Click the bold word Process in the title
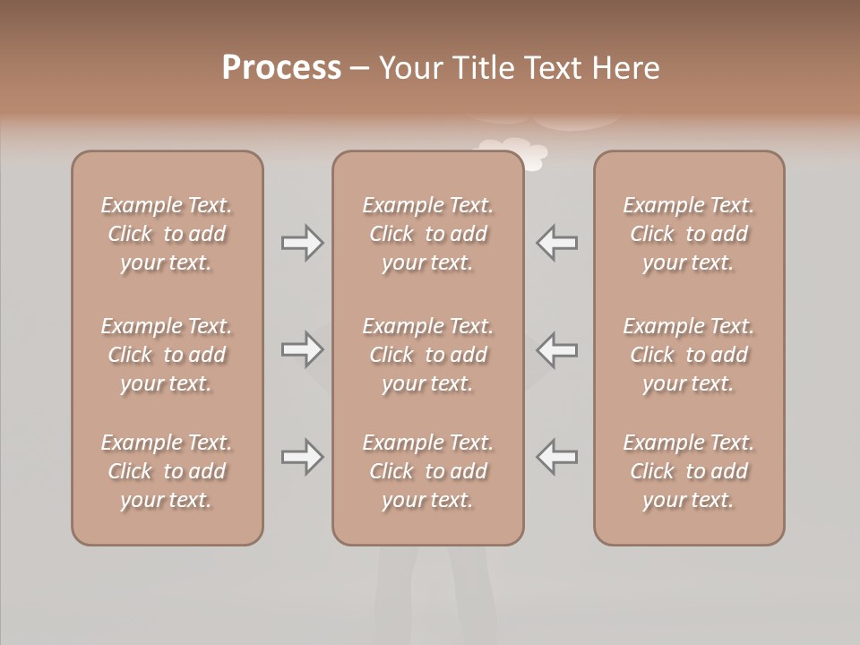[281, 68]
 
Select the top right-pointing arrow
[302, 242]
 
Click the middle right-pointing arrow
[302, 349]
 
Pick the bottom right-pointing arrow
[302, 457]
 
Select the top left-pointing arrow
[557, 242]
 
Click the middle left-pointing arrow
[557, 349]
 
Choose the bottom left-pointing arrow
[557, 457]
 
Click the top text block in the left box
[167, 234]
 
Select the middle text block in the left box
[167, 355]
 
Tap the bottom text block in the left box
[167, 471]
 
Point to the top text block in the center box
[427, 234]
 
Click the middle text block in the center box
[427, 355]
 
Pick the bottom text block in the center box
[427, 471]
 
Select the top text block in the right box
[689, 234]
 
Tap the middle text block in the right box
[689, 355]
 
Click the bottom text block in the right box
[689, 471]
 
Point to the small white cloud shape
[516, 151]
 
